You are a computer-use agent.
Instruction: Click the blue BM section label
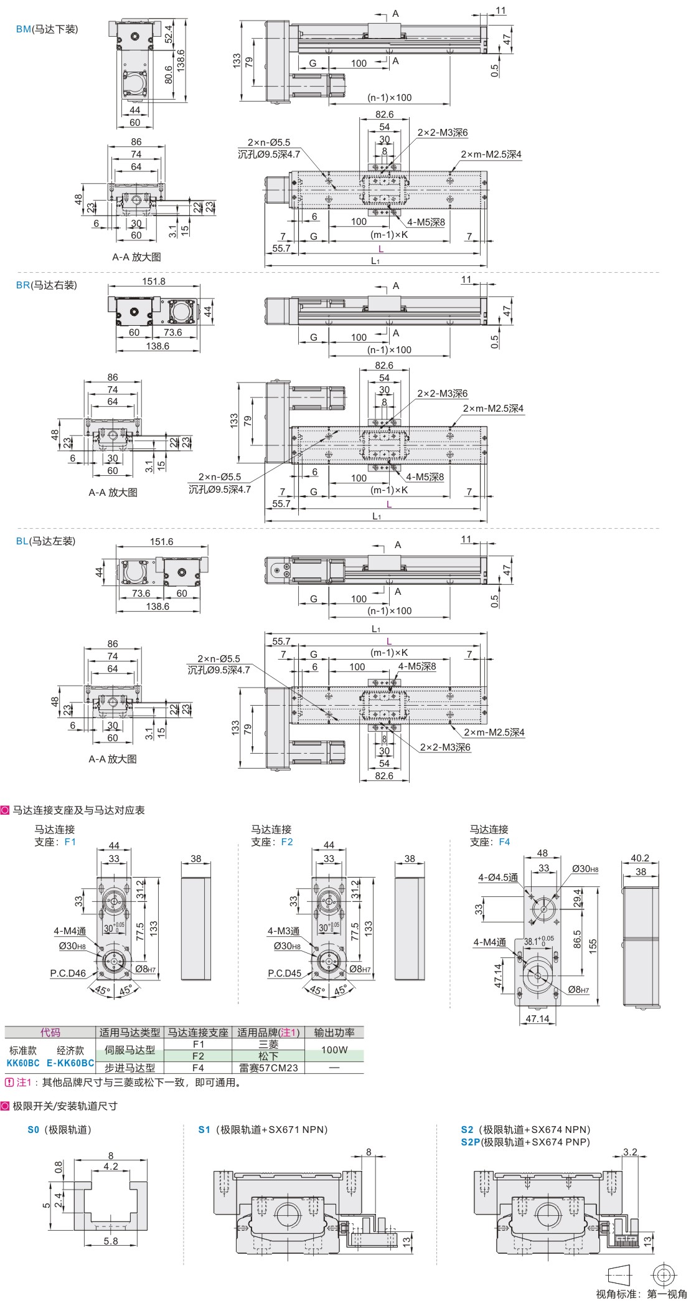[x=23, y=29]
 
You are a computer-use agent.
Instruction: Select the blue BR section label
[x=23, y=285]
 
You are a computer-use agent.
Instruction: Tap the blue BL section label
[x=22, y=541]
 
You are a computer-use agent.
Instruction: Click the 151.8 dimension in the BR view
[x=154, y=281]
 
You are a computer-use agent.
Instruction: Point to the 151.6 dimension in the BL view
[x=161, y=541]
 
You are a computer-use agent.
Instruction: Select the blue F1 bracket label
[x=70, y=841]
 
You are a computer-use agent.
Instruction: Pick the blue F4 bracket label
[x=504, y=841]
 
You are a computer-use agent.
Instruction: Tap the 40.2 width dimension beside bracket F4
[x=640, y=858]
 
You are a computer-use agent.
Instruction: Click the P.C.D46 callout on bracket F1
[x=68, y=973]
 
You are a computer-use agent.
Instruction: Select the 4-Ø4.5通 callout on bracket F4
[x=498, y=877]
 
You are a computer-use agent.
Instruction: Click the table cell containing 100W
[x=334, y=1050]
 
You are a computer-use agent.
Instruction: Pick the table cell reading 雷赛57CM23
[x=268, y=1068]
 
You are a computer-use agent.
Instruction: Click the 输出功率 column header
[x=334, y=1032]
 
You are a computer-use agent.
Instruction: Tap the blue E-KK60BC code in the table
[x=70, y=1063]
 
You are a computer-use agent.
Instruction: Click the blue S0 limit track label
[x=33, y=1129]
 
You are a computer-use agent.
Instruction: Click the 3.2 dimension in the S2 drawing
[x=630, y=1152]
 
